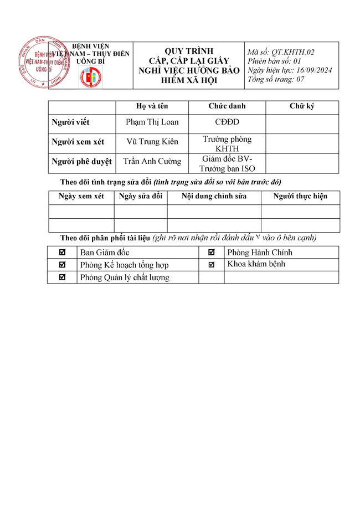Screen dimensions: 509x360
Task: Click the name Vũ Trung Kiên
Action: [152, 142]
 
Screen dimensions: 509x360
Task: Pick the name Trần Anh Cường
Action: [152, 162]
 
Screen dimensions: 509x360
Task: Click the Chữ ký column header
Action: [302, 106]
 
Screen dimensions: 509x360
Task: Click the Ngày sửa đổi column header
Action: [141, 197]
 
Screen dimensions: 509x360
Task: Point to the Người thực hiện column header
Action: [300, 197]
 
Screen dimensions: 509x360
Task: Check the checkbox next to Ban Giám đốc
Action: [62, 253]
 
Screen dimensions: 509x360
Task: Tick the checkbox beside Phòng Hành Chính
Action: [212, 253]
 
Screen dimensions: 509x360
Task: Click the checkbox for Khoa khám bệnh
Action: [212, 265]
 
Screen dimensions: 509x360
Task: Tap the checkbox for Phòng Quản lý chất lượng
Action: [62, 277]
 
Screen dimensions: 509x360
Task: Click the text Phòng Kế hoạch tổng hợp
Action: [125, 265]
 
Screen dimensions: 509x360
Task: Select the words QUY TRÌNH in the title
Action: [189, 52]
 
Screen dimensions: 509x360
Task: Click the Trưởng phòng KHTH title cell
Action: [227, 143]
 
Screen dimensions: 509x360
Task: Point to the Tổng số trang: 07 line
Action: [276, 80]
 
